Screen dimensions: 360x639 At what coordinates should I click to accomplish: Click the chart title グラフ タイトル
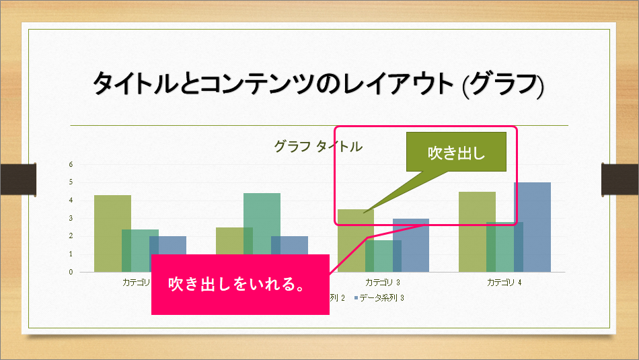pyautogui.click(x=317, y=146)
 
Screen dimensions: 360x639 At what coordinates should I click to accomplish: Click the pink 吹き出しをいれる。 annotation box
pyautogui.click(x=240, y=284)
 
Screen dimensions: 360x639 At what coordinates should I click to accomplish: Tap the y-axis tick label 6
pyautogui.click(x=71, y=164)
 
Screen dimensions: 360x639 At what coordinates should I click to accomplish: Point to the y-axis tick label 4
pyautogui.click(x=71, y=201)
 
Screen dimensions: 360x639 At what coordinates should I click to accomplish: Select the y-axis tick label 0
pyautogui.click(x=71, y=273)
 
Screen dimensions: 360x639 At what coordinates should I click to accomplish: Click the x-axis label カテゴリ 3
pyautogui.click(x=383, y=283)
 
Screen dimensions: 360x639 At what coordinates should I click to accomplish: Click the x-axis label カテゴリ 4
pyautogui.click(x=504, y=283)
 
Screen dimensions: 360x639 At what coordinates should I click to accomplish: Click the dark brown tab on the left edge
pyautogui.click(x=17, y=178)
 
